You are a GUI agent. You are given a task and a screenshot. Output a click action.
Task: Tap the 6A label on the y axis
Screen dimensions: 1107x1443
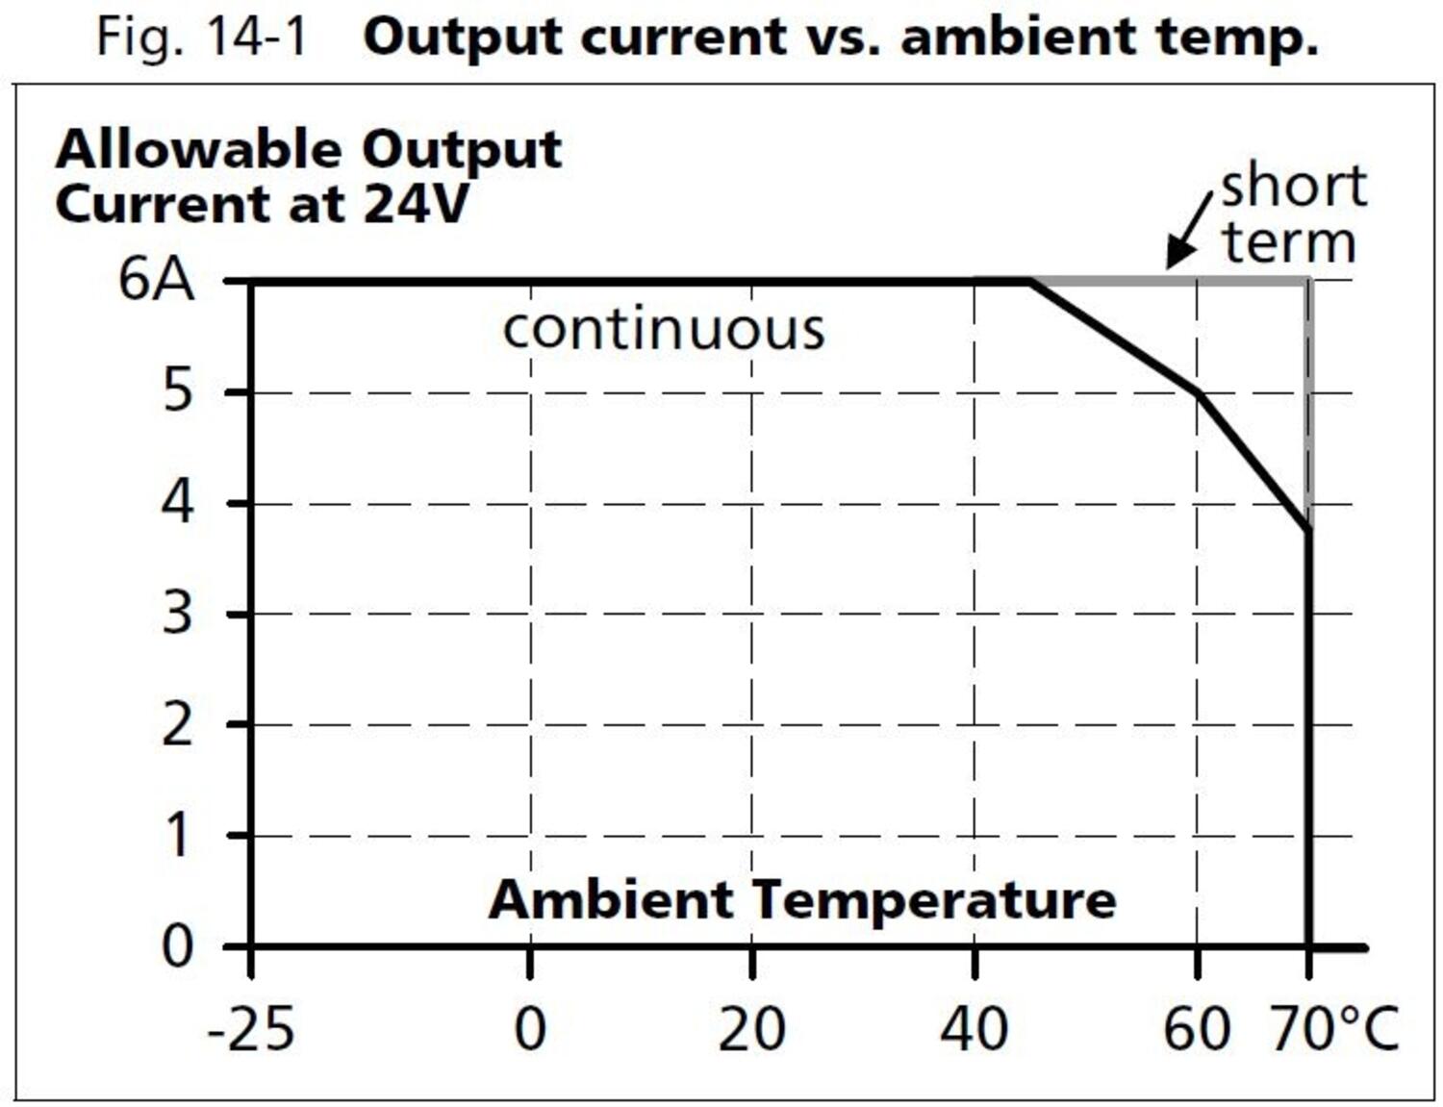point(156,281)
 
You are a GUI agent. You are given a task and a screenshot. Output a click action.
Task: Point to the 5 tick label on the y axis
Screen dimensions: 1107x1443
point(177,391)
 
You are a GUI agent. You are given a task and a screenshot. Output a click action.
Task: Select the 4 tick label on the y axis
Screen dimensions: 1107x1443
point(177,503)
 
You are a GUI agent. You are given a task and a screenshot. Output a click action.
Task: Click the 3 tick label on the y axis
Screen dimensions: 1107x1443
point(177,614)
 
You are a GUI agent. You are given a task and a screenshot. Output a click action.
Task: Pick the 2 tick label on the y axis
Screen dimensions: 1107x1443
point(177,724)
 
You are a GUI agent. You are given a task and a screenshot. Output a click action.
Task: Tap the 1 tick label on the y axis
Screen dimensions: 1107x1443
point(177,835)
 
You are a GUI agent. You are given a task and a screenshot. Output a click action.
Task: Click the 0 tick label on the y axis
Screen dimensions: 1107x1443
point(177,946)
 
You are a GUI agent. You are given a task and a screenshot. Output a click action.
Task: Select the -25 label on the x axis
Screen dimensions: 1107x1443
point(251,1029)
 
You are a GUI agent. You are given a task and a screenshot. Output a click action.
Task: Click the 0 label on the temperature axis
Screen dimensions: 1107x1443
point(530,1029)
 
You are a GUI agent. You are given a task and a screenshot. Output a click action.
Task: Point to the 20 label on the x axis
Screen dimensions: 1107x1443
point(751,1029)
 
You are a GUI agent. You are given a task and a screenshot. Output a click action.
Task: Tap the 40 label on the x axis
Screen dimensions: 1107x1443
point(974,1029)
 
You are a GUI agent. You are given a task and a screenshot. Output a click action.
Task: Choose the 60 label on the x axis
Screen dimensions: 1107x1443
point(1196,1029)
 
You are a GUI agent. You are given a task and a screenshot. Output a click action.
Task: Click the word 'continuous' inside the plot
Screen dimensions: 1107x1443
point(664,330)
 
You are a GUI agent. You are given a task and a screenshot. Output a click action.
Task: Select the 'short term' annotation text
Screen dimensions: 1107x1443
point(1292,214)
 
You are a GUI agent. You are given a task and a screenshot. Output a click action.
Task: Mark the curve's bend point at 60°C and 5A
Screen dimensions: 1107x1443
point(1198,393)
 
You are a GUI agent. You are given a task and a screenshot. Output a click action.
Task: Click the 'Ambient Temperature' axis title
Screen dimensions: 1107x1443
point(802,900)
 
